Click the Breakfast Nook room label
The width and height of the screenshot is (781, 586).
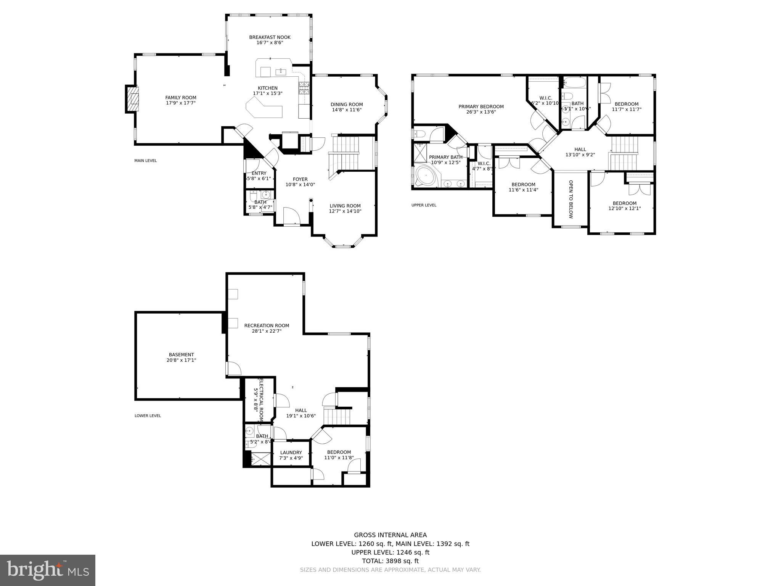270,37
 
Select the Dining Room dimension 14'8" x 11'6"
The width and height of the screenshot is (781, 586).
346,110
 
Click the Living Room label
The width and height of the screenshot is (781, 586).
345,206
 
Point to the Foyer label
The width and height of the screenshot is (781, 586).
300,179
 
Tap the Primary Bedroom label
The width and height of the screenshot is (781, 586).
481,107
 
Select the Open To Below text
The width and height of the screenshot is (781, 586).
571,199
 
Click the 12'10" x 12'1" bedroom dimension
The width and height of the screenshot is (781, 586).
624,209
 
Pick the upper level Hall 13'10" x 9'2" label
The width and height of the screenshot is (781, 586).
580,152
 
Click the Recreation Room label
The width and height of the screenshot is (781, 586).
267,325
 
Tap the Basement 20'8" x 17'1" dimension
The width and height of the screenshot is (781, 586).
182,360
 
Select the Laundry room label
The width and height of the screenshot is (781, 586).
291,452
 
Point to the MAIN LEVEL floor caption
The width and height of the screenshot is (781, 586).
145,161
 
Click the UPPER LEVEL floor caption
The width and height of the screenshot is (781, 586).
424,205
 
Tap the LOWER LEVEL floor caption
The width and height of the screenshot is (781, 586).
148,416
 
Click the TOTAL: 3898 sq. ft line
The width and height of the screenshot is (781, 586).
390,561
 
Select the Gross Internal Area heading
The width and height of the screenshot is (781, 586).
390,535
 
